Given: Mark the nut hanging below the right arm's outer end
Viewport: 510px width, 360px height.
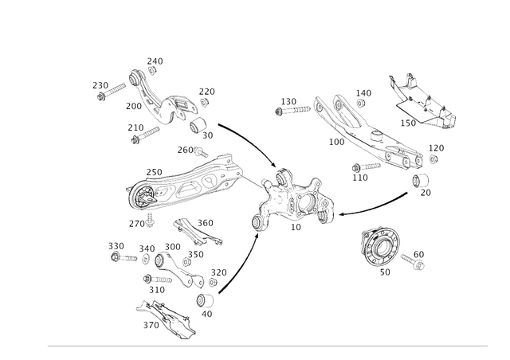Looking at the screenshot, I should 421,187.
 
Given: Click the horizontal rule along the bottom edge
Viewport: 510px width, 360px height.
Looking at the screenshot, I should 267,346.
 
